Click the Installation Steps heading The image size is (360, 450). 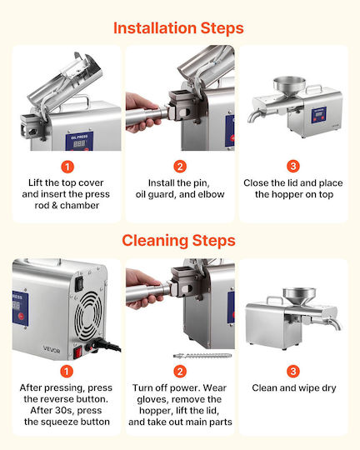coord(178,28)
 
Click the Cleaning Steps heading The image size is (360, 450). coord(178,241)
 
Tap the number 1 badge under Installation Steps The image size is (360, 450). coord(67,167)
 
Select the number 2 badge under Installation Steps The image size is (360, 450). coord(180,167)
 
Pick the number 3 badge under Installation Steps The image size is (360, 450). coord(293,166)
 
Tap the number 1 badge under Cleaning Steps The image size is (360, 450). coord(67,372)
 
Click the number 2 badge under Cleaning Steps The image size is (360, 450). coord(180,372)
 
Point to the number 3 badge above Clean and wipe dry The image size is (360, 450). coord(293,371)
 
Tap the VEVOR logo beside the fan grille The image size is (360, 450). coord(52,350)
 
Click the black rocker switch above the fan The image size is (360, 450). coord(79,284)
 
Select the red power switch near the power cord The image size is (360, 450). coord(77,352)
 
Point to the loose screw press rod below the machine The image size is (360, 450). coord(202,356)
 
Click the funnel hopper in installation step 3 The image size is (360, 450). coord(289,86)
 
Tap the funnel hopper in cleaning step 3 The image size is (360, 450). coord(299,297)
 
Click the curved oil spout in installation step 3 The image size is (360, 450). coord(255,116)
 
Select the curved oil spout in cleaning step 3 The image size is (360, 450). coord(335,323)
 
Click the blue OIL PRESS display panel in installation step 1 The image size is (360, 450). coord(79,142)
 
